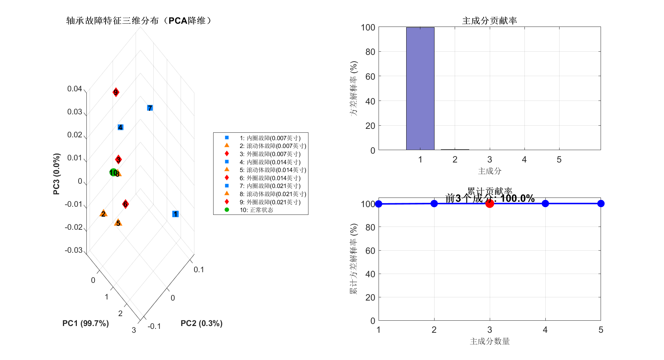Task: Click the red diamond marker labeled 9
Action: [115, 92]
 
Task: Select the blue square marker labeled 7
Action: [150, 108]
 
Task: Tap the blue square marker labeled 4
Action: [120, 127]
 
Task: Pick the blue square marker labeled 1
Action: [175, 214]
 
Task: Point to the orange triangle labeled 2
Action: [103, 213]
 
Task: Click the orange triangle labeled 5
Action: [118, 223]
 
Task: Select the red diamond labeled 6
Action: [125, 204]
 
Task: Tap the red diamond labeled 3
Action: [119, 160]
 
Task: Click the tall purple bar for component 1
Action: [420, 88]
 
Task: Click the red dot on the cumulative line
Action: [489, 204]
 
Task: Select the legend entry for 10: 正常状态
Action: [256, 210]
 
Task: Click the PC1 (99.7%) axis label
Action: [85, 323]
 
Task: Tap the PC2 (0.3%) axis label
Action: [202, 323]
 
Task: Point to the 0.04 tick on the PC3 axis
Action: [75, 89]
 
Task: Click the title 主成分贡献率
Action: [489, 21]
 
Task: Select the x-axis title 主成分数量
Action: [489, 341]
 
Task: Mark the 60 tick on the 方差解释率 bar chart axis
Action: [370, 76]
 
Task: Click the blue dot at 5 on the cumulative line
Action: [601, 204]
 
